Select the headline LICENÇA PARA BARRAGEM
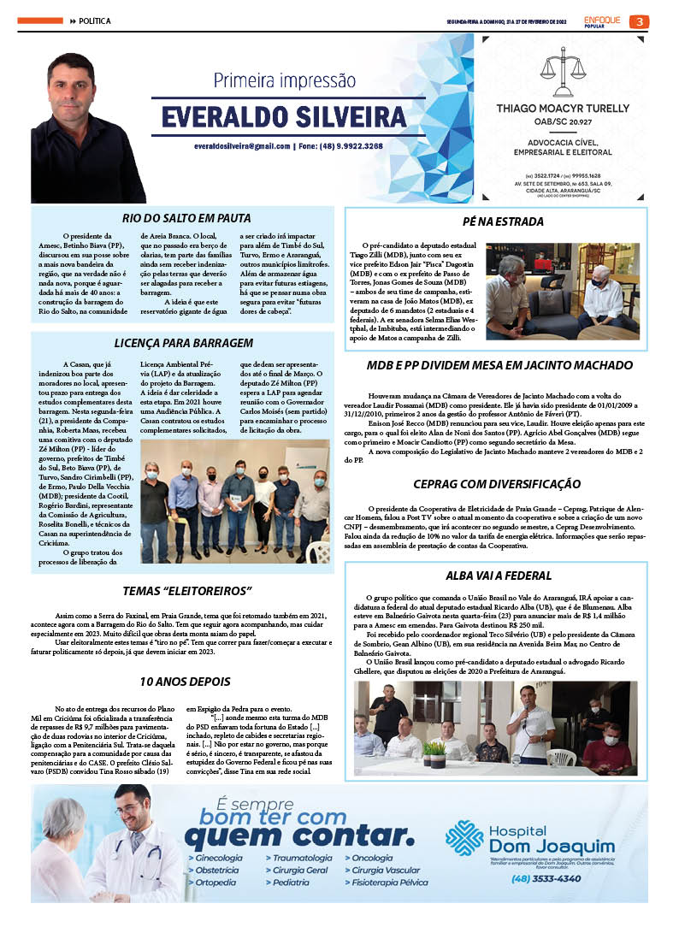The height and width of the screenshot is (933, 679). [183, 343]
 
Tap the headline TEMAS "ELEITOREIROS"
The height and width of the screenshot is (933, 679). [187, 591]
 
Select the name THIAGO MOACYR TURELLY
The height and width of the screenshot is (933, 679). [564, 108]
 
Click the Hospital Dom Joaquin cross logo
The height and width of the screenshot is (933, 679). [463, 837]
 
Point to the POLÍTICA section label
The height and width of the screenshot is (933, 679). [95, 21]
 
